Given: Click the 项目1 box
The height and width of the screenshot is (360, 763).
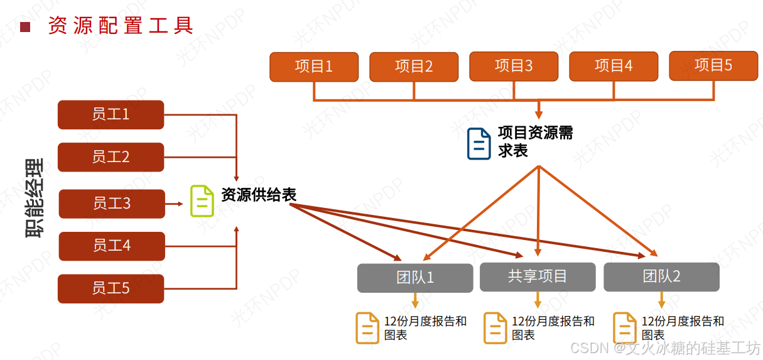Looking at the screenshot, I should pyautogui.click(x=314, y=67).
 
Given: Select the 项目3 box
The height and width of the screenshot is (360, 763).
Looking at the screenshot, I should pyautogui.click(x=514, y=67).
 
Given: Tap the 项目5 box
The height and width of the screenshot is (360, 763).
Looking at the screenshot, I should pyautogui.click(x=713, y=66).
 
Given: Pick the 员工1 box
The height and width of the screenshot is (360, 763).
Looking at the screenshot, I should pyautogui.click(x=111, y=114).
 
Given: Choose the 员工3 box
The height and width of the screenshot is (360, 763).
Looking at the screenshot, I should pyautogui.click(x=112, y=204).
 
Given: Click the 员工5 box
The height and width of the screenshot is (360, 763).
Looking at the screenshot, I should pyautogui.click(x=111, y=288).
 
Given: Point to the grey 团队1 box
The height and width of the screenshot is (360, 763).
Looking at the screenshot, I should pyautogui.click(x=415, y=278).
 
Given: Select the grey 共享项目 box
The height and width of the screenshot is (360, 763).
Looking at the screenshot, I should pyautogui.click(x=538, y=277).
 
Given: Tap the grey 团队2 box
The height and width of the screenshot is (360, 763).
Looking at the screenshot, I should pyautogui.click(x=661, y=277).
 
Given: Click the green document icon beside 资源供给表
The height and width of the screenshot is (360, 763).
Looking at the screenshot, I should pyautogui.click(x=202, y=201).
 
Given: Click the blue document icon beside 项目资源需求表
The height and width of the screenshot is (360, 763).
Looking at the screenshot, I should pyautogui.click(x=479, y=143).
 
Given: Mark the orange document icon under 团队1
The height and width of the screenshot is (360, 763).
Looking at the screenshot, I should pyautogui.click(x=367, y=327).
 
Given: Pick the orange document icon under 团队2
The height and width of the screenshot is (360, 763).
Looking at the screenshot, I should pyautogui.click(x=624, y=327).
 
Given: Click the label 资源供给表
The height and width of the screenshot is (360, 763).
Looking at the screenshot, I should pyautogui.click(x=259, y=195).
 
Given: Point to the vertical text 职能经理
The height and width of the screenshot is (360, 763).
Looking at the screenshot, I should pyautogui.click(x=35, y=198).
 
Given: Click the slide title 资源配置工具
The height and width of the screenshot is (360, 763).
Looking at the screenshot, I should pyautogui.click(x=121, y=26).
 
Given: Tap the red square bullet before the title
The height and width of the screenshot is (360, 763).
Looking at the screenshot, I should pyautogui.click(x=25, y=26).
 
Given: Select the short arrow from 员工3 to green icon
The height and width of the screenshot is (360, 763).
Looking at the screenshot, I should pyautogui.click(x=176, y=204).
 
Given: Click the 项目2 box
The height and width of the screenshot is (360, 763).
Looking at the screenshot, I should pyautogui.click(x=414, y=67).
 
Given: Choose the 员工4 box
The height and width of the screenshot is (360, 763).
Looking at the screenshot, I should pyautogui.click(x=112, y=246).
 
